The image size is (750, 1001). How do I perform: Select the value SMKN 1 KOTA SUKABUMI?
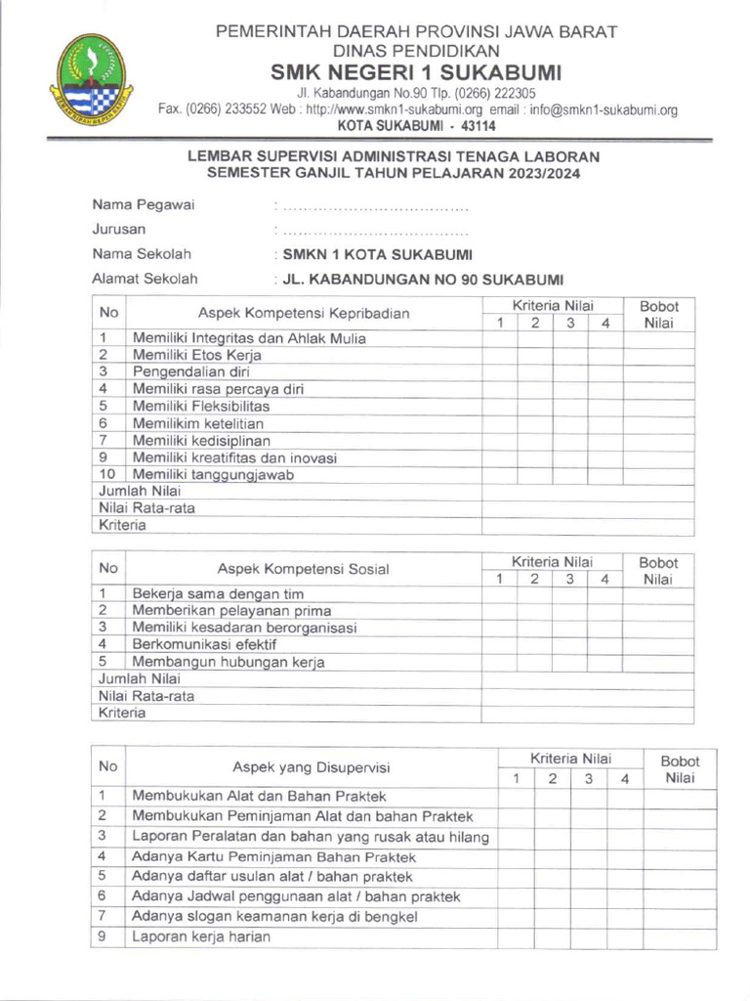377,254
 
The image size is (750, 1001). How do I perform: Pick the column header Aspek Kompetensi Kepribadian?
304,314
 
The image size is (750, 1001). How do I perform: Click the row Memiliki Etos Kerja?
197,356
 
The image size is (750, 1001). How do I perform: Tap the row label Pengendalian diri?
191,372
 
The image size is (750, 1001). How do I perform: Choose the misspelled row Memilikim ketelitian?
198,423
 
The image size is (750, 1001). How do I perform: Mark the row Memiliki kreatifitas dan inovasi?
234,457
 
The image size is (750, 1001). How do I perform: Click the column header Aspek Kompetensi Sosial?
303,569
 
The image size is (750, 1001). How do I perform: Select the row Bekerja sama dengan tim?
218,593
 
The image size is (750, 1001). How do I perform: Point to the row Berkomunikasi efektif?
204,644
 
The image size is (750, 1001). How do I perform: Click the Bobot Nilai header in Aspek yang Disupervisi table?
680,769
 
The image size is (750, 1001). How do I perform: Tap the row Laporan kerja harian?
201,936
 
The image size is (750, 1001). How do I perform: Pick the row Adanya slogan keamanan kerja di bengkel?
274,916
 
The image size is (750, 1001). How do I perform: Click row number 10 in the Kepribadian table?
108,474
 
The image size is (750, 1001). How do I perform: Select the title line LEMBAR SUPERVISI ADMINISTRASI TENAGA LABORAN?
394,156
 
